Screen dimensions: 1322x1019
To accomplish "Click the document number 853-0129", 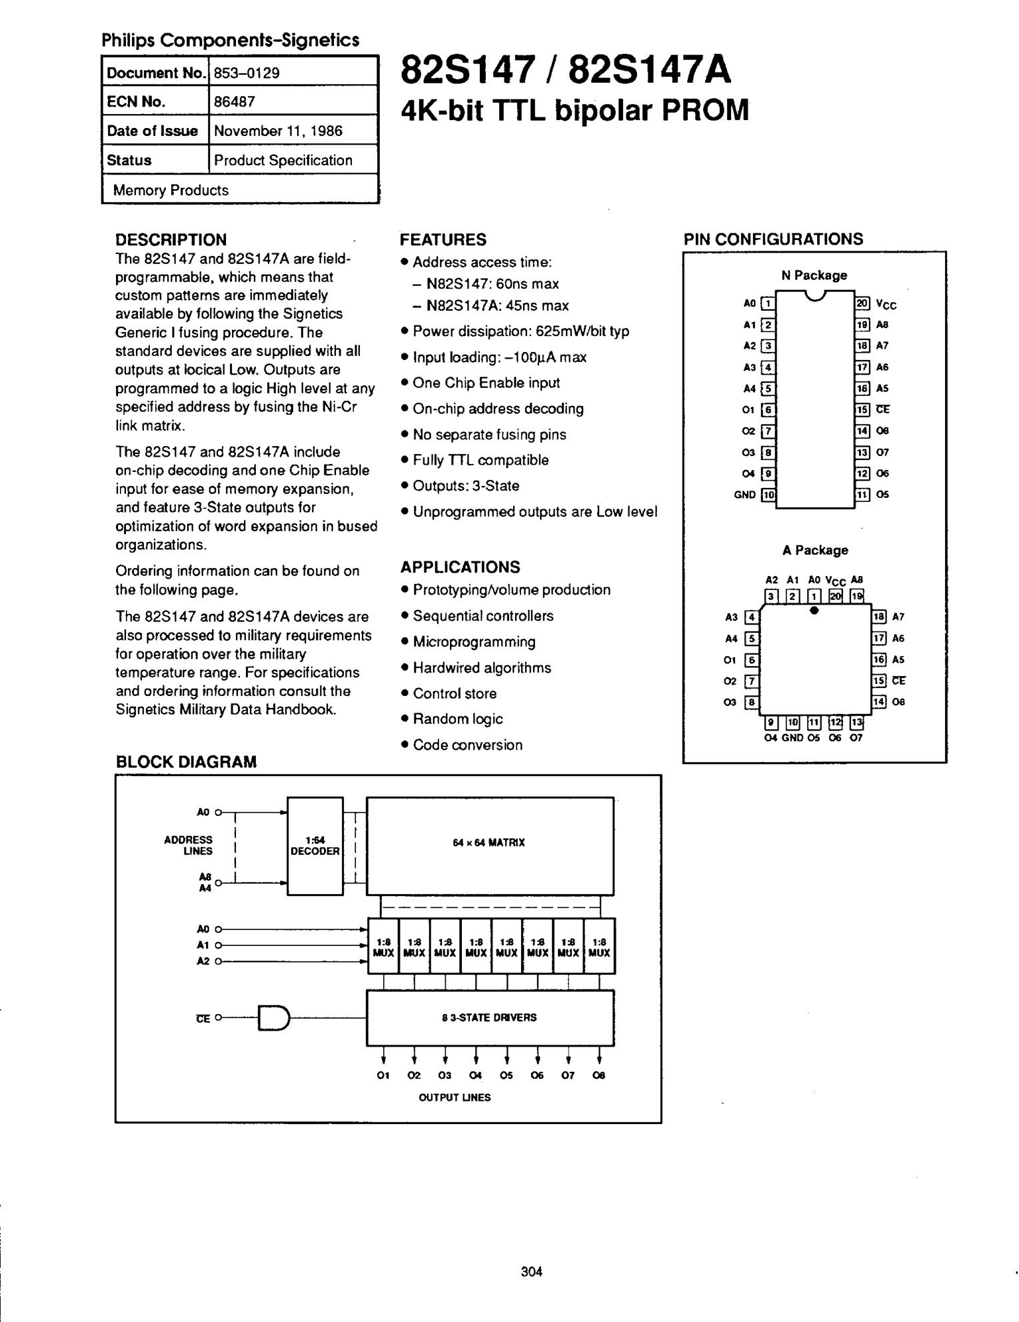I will (x=247, y=73).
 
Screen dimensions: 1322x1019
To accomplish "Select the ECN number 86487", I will (x=235, y=102).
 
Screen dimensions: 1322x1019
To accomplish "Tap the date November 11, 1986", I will (x=278, y=131).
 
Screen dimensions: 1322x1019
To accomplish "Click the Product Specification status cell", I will (x=283, y=160).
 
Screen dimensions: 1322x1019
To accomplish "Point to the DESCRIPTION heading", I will (x=171, y=239).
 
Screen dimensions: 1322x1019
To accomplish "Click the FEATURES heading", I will (x=443, y=239).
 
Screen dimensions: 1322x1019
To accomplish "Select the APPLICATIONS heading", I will (x=460, y=567).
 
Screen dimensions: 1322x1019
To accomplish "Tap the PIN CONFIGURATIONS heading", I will (x=773, y=239).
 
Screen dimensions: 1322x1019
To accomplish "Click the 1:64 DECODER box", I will (x=315, y=845).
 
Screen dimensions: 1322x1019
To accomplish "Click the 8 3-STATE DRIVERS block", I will (x=489, y=1017).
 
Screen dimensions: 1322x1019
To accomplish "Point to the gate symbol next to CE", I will (x=274, y=1018).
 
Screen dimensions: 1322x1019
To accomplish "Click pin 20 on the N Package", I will (x=862, y=303).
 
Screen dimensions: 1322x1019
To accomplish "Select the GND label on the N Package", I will (x=744, y=495).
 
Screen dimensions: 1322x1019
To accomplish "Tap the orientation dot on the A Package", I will (x=814, y=610).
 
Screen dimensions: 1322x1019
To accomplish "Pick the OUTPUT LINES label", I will (x=455, y=1097).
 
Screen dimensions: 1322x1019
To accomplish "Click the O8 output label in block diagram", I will (x=598, y=1075).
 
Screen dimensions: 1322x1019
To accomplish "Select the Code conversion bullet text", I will (x=467, y=745).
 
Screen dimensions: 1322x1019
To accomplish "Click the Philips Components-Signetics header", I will (x=230, y=41).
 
